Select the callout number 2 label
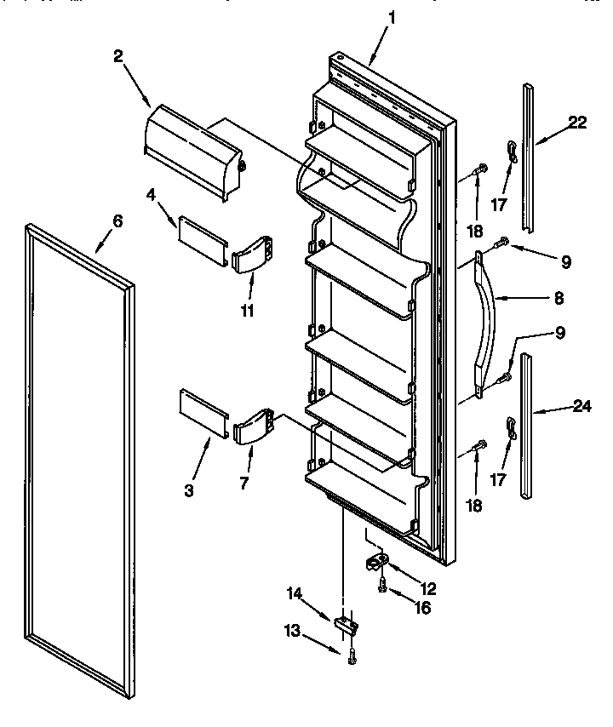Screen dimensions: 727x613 click(118, 57)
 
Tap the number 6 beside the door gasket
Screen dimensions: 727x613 click(118, 221)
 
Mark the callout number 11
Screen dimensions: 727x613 click(247, 311)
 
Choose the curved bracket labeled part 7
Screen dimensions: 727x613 click(251, 426)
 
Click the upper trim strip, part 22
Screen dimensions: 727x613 click(530, 157)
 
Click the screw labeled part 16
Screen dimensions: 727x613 click(381, 586)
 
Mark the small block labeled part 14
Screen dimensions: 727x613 click(346, 626)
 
